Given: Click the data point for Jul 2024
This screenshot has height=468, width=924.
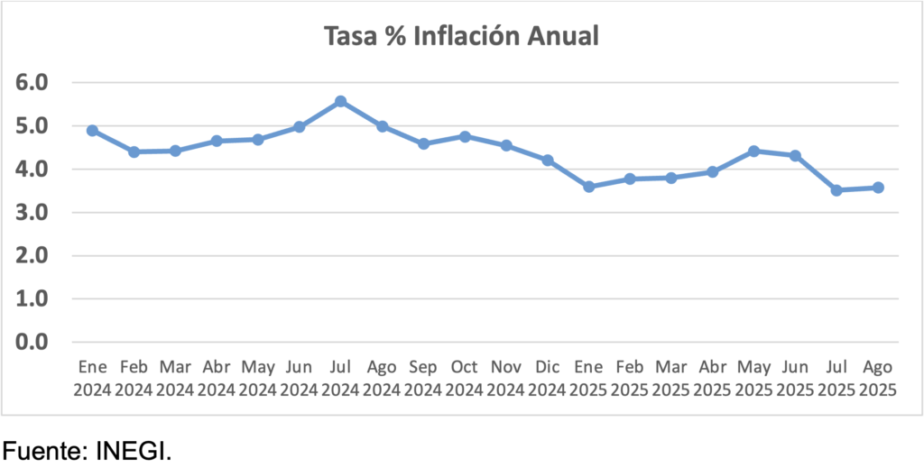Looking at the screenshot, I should [x=340, y=101].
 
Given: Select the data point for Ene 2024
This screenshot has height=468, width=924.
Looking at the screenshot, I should [x=92, y=130].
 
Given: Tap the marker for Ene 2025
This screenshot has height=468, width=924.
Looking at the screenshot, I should [x=589, y=187].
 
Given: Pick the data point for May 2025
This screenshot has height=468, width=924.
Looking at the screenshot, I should [x=754, y=151].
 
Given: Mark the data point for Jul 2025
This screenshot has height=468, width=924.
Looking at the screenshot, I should [x=836, y=190].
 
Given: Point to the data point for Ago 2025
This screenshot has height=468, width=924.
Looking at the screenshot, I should [x=878, y=188].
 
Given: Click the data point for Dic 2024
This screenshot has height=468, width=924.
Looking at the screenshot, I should [x=548, y=160].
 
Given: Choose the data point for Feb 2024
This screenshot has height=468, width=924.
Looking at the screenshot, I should [x=134, y=151].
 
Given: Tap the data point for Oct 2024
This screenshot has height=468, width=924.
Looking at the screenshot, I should [x=465, y=136].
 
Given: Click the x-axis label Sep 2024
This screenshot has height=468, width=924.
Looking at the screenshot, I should [x=423, y=378].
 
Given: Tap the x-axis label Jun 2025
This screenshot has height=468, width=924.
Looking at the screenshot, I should [x=795, y=378].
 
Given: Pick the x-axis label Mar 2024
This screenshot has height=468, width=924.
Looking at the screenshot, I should [x=175, y=378].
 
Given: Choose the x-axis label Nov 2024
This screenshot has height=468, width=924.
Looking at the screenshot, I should [x=506, y=378].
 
